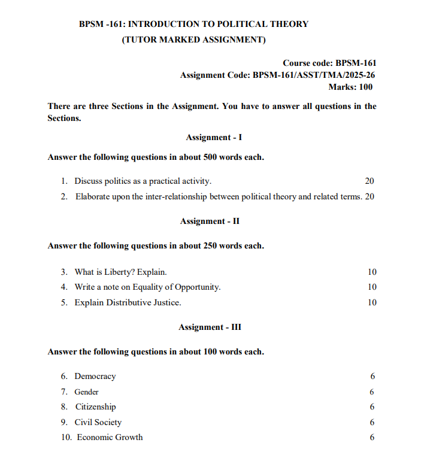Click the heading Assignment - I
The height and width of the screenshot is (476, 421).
[x=214, y=137]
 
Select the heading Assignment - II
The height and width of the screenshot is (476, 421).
[x=210, y=221]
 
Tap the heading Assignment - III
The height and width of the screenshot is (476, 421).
[x=210, y=327]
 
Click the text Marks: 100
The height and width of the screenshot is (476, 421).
[x=350, y=87]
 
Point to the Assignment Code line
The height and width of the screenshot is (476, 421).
[x=278, y=75]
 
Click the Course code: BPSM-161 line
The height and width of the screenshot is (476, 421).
[x=329, y=62]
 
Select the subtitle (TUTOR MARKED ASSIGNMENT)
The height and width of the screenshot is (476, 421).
[x=193, y=40]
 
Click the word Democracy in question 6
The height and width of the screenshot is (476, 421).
[x=95, y=376]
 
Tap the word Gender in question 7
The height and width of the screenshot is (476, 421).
[x=86, y=392]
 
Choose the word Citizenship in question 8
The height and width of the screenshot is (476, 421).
[x=95, y=407]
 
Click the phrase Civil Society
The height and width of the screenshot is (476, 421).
[x=98, y=422]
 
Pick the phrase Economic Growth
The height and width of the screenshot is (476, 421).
[x=110, y=437]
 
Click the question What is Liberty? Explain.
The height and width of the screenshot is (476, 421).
[x=120, y=272]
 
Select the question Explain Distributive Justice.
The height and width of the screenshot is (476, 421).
[x=128, y=302]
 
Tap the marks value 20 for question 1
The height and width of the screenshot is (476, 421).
[x=369, y=181]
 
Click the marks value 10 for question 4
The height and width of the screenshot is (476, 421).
[x=372, y=287]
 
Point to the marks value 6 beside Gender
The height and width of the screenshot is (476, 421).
[x=372, y=392]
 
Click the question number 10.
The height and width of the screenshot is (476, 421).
[x=66, y=437]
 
